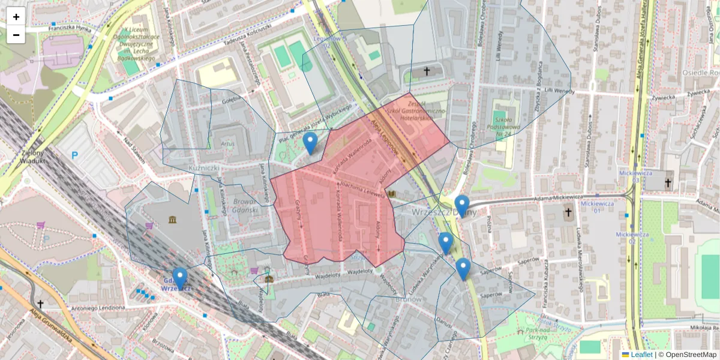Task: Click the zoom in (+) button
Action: (x=16, y=17)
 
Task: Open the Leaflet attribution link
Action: (x=643, y=355)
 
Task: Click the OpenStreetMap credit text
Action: (x=687, y=355)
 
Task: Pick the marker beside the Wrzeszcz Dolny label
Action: (x=461, y=206)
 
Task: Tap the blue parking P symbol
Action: (x=75, y=155)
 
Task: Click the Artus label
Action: (x=227, y=144)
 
